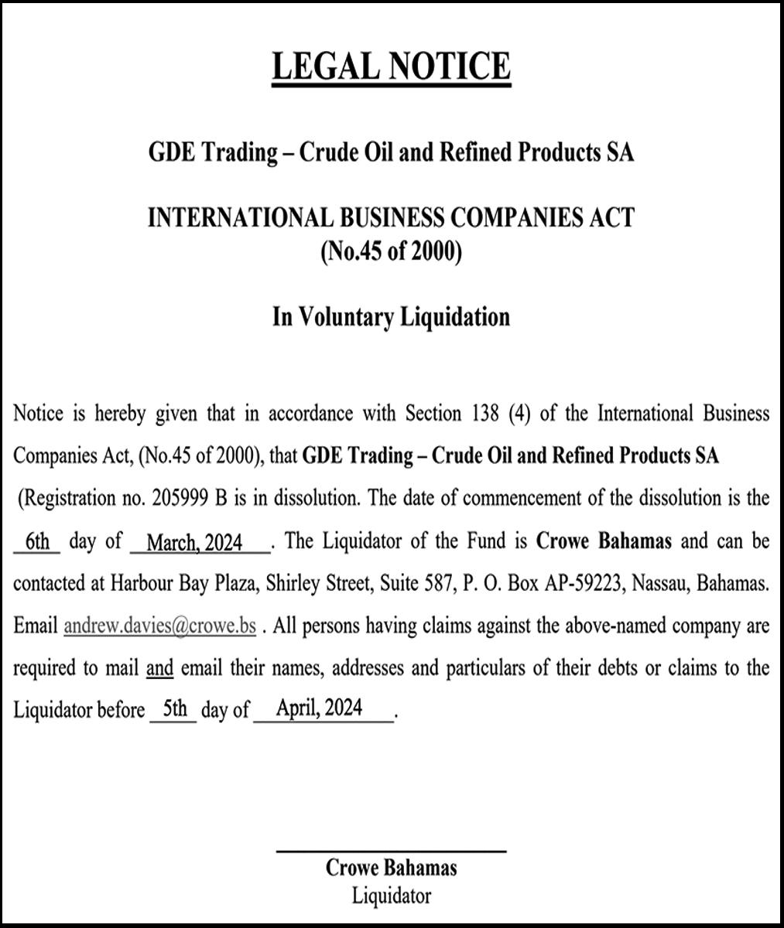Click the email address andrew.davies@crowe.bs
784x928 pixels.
tap(159, 626)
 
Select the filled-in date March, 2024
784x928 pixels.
tap(194, 543)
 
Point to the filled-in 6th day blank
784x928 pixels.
tap(36, 541)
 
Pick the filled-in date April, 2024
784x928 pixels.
tap(324, 708)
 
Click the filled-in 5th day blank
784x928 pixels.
tap(175, 708)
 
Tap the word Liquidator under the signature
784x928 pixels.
tap(391, 896)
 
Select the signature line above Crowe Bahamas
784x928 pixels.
tap(391, 851)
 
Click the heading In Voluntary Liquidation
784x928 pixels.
tap(391, 317)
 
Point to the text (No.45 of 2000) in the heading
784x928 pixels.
tap(391, 253)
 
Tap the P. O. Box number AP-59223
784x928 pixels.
tap(584, 584)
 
